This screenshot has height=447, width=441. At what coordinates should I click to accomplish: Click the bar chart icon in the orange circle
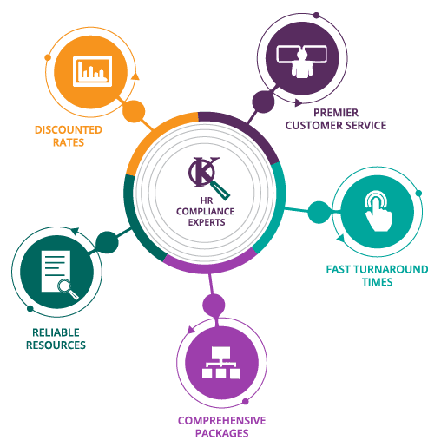92,71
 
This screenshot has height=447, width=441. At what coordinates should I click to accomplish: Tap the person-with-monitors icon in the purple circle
302,61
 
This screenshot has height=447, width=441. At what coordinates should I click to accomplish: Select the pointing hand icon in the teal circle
378,211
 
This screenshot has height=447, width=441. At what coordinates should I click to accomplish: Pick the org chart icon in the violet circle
221,363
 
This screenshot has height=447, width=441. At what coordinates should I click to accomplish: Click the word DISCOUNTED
69,130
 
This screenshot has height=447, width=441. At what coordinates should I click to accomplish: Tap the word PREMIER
336,113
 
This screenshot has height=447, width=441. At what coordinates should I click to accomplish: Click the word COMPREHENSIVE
221,421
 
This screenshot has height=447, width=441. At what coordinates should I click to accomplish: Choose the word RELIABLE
56,332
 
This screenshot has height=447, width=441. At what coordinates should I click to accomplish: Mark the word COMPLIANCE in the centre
206,212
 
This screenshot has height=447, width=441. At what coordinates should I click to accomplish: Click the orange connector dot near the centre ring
134,111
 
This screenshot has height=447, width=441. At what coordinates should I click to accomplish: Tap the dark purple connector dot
263,102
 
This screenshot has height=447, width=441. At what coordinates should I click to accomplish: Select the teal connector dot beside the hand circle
319,213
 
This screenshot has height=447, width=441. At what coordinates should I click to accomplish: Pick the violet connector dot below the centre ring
214,305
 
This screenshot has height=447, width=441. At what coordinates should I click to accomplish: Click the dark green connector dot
107,242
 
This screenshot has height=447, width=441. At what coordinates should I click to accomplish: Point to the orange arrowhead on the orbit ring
135,76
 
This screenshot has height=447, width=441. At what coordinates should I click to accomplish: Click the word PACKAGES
221,433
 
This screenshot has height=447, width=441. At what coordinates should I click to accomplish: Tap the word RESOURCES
56,345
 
